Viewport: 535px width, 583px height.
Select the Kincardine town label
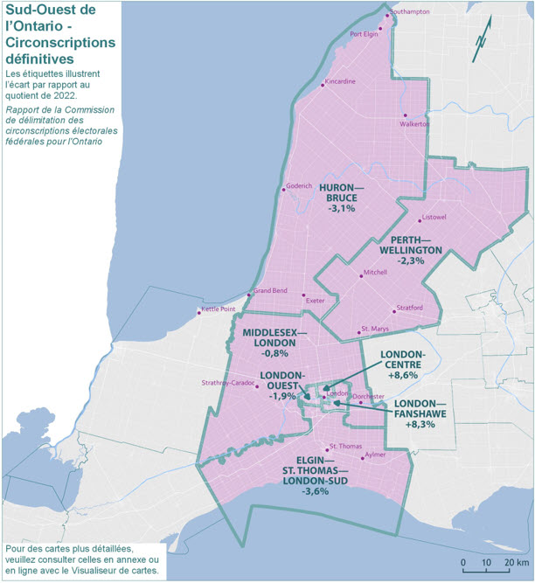click(340, 82)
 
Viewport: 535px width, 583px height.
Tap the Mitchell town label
click(375, 273)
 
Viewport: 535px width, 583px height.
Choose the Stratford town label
click(410, 308)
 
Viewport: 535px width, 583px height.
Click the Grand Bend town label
click(271, 291)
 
